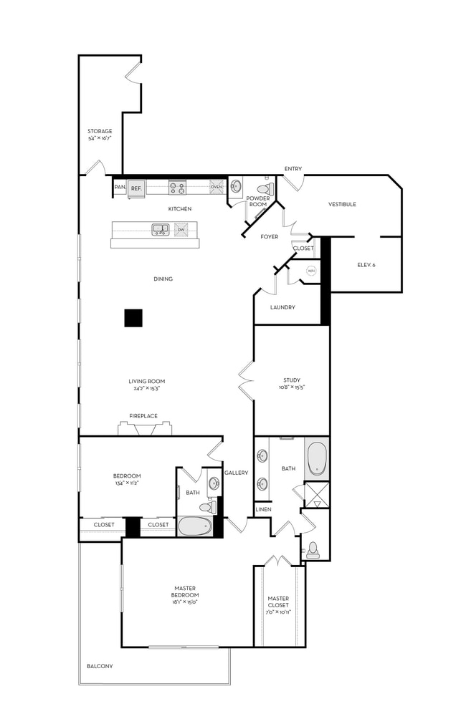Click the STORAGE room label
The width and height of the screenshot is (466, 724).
tap(100, 131)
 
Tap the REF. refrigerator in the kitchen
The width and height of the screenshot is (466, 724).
tap(136, 188)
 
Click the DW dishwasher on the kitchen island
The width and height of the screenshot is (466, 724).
tap(181, 229)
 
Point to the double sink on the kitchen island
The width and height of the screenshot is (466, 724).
tap(160, 229)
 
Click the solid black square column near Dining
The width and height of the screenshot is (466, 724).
tap(133, 318)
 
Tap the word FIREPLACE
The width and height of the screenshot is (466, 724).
tap(143, 415)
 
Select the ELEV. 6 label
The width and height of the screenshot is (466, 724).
tap(366, 265)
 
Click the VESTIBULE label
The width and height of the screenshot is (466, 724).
tap(342, 204)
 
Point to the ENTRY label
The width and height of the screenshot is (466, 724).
tap(293, 169)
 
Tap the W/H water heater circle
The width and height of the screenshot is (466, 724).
tap(311, 271)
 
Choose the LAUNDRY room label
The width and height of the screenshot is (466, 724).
tap(282, 307)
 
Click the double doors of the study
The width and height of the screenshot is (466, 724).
tap(246, 380)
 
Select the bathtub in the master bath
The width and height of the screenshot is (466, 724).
tap(316, 458)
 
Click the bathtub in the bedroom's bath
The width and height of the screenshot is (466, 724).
tap(194, 526)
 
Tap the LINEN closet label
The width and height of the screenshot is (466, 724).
tap(262, 509)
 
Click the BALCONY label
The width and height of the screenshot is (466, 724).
tap(100, 666)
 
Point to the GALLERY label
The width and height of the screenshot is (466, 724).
tap(236, 473)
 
